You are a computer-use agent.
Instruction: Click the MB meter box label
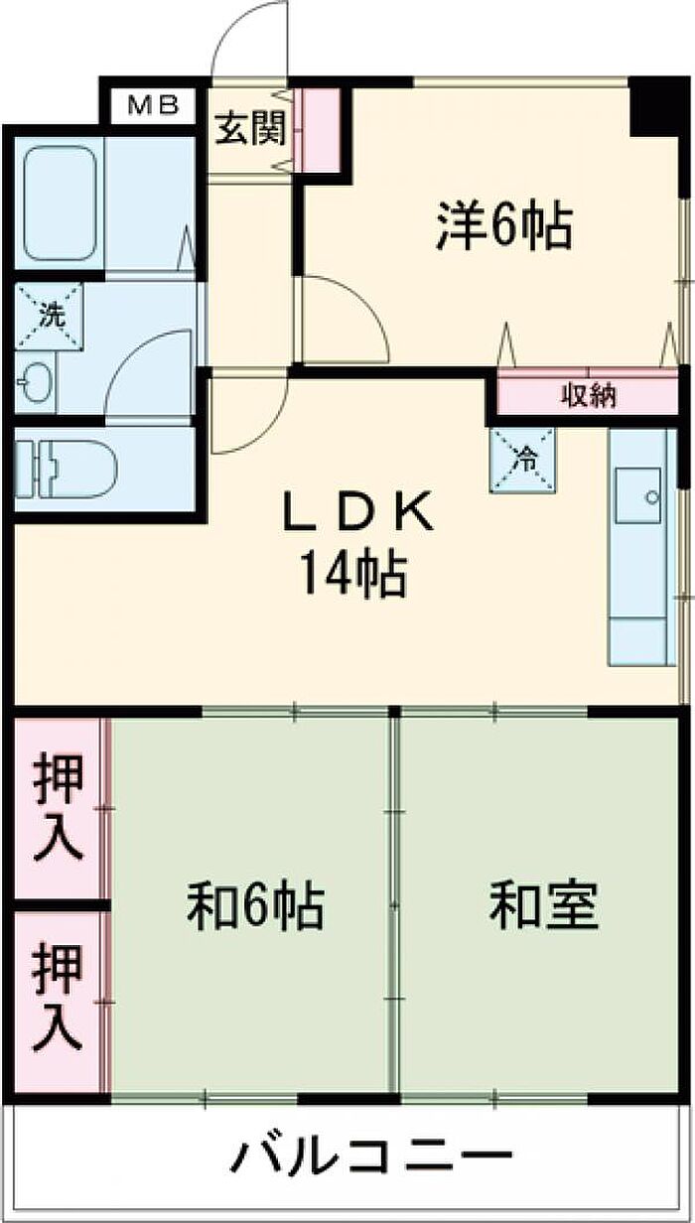point(153,105)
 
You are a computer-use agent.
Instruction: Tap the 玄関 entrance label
point(250,129)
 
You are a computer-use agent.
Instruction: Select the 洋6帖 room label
point(505,226)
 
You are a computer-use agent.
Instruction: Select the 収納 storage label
point(590,395)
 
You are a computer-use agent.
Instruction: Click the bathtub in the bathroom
point(60,204)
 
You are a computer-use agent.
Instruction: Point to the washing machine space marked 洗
point(49,316)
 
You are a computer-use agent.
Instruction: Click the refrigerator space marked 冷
point(522,461)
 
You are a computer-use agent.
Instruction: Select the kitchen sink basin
point(637,495)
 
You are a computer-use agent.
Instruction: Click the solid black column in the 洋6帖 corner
point(652,106)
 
